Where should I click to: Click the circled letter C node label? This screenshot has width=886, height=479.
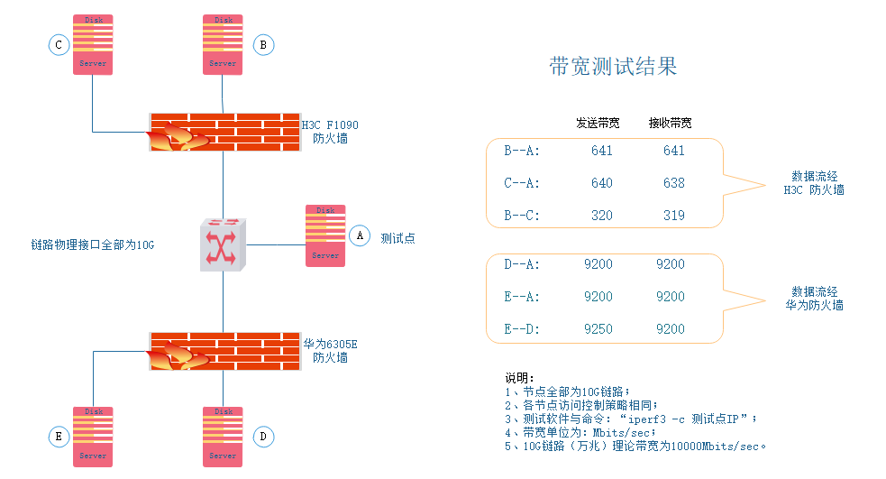[59, 44]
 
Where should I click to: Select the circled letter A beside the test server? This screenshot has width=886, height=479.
[360, 235]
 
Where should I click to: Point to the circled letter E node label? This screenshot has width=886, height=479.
[59, 437]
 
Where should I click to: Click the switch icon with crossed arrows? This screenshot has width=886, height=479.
[223, 244]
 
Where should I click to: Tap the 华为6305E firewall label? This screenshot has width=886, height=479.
[330, 351]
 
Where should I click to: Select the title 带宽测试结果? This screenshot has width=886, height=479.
[613, 66]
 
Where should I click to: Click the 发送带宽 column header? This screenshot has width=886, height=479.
[598, 123]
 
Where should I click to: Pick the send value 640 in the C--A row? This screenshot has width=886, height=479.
[602, 183]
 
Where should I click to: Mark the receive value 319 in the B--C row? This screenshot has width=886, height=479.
[673, 216]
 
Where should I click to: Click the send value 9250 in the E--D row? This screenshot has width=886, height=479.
[598, 329]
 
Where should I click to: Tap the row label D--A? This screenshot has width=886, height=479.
[522, 264]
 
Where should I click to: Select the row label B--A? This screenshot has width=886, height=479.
[522, 151]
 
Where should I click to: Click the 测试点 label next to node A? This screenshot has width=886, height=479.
[397, 238]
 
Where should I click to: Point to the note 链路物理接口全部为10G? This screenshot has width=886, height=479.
[93, 244]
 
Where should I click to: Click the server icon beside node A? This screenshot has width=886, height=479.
[325, 235]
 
